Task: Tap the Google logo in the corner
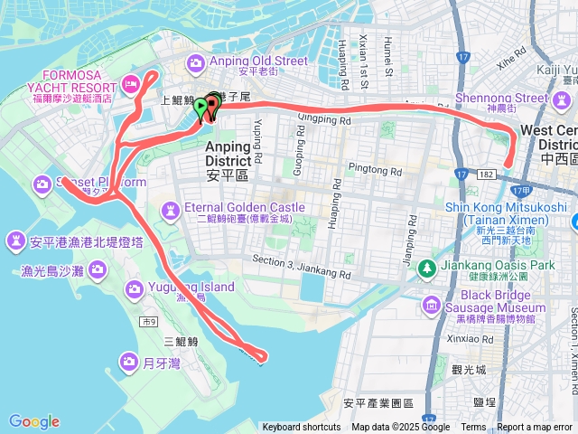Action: [34, 421]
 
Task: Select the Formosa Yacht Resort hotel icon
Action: [130, 84]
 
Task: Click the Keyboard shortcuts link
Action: [302, 428]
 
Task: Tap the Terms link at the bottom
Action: [473, 428]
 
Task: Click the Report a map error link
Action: [536, 428]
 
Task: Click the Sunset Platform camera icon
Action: [42, 184]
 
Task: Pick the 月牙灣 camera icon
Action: [128, 363]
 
